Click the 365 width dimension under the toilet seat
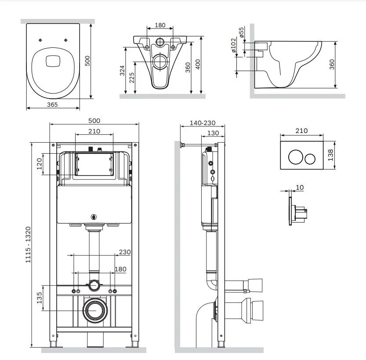pos(52,104)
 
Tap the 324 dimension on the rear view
pos(123,70)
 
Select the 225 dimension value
pos(131,77)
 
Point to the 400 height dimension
pos(198,65)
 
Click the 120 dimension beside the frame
pos(39,164)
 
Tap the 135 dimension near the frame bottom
pos(39,298)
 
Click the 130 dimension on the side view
pos(213,133)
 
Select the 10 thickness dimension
pos(300,187)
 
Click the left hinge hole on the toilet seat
pos(40,40)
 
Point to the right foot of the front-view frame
pos(130,342)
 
